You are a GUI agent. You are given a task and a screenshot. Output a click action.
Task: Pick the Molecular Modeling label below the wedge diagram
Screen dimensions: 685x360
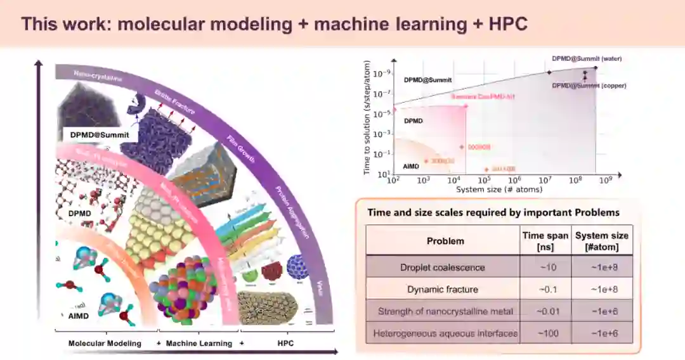click(x=105, y=344)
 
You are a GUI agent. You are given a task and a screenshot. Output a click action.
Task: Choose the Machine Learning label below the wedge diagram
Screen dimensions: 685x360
click(x=199, y=344)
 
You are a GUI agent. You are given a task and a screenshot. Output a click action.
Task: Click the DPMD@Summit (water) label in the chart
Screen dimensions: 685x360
click(x=587, y=58)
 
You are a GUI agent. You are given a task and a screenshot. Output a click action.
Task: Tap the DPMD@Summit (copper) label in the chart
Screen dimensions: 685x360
click(x=589, y=86)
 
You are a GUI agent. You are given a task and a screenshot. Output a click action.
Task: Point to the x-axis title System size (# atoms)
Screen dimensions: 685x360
click(x=499, y=190)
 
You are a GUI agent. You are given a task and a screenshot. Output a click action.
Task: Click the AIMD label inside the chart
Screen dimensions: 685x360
click(x=411, y=165)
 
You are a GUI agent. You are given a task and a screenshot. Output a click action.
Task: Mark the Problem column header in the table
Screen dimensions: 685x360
click(x=445, y=241)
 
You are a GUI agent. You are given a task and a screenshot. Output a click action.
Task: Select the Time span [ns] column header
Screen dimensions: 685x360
click(x=545, y=240)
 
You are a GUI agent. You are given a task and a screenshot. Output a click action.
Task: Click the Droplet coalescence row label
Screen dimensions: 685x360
click(x=443, y=267)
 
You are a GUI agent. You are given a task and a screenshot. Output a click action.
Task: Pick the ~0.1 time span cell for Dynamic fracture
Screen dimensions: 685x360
click(x=545, y=289)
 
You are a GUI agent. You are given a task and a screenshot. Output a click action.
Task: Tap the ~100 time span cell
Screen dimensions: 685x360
click(x=545, y=333)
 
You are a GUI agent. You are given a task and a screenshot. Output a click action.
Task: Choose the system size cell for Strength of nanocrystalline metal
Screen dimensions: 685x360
click(x=601, y=311)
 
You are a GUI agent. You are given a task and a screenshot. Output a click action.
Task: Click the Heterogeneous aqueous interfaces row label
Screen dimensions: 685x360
click(x=445, y=333)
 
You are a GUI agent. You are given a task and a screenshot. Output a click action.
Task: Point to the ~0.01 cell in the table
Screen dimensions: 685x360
click(x=545, y=311)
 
